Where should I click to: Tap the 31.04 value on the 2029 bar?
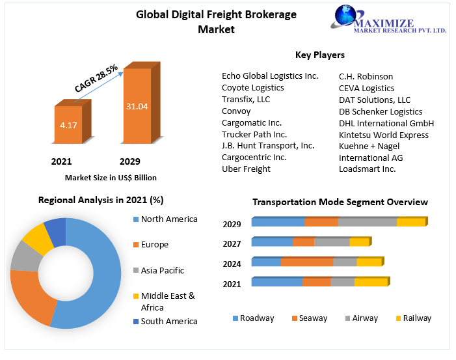[x=137, y=105]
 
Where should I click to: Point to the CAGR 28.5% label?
[x=96, y=77]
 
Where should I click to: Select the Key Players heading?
[x=320, y=55]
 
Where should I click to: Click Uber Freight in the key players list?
[x=246, y=169]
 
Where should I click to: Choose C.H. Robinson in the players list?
[x=366, y=76]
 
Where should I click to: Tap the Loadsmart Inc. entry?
[x=367, y=169]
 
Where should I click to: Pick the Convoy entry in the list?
[x=237, y=111]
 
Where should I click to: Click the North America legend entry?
[x=168, y=219]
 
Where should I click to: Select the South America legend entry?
[x=168, y=321]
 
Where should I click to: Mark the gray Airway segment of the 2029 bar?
[x=368, y=222]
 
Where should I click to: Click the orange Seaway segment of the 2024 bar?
[x=306, y=262]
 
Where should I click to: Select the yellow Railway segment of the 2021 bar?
[x=371, y=282]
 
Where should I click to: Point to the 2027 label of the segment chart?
[x=232, y=244]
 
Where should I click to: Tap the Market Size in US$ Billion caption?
[x=111, y=177]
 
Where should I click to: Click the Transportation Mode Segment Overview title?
[x=340, y=202]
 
